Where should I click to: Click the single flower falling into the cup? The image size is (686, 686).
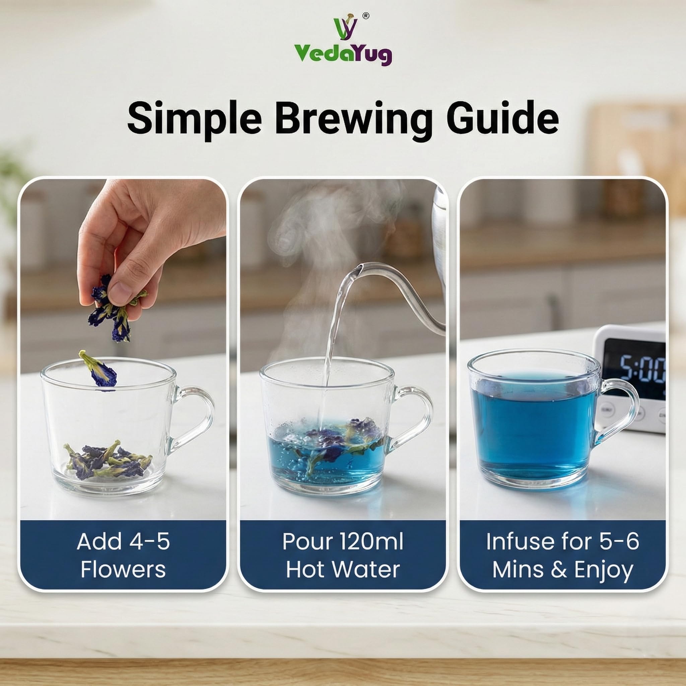99,371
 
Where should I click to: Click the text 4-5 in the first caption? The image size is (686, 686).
149,542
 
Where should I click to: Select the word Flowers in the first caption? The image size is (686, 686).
123,570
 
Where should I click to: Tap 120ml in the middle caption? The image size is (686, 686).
371,542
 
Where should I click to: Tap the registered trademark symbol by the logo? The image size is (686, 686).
365,16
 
